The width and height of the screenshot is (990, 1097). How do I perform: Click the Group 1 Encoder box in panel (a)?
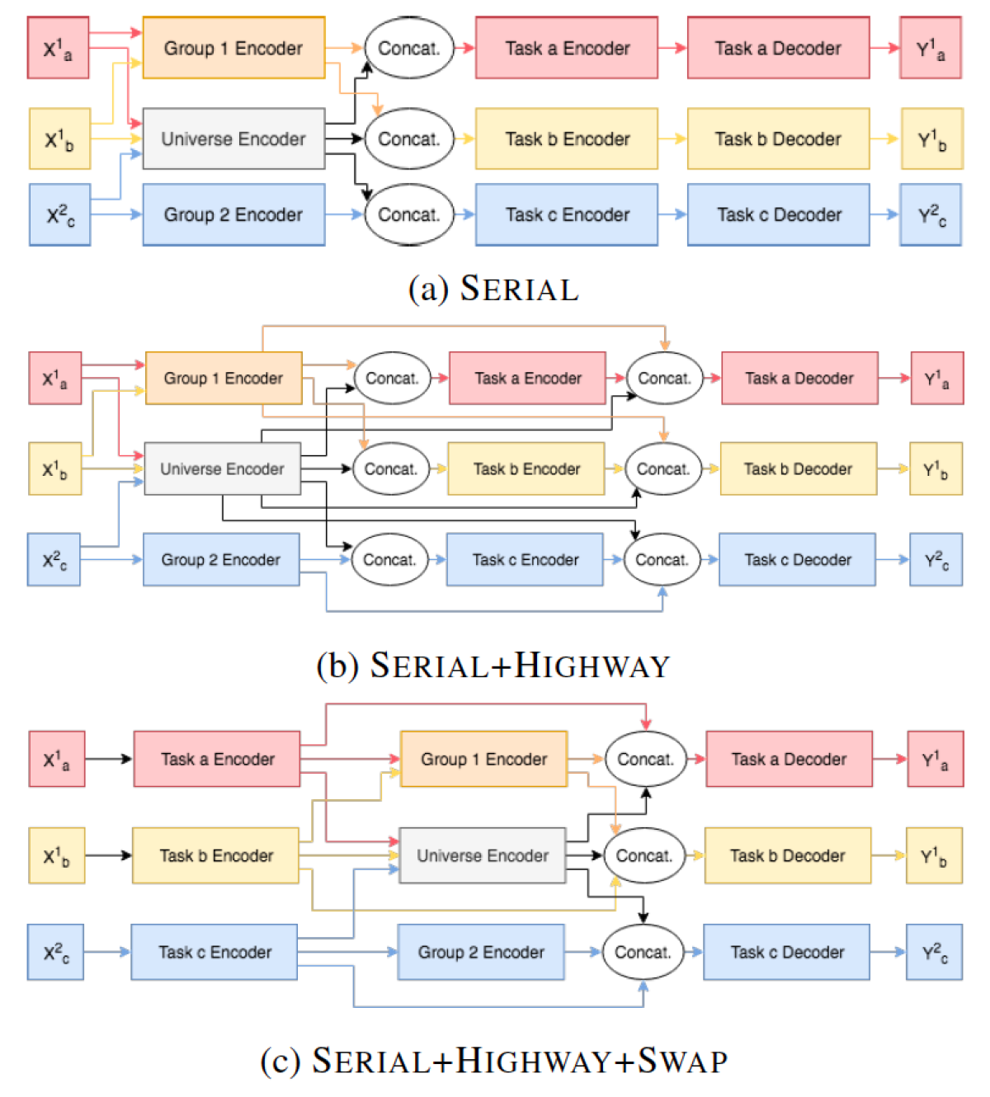tap(233, 48)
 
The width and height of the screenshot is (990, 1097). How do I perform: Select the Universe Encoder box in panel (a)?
tap(233, 139)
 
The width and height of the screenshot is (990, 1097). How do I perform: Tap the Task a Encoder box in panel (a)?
tap(567, 48)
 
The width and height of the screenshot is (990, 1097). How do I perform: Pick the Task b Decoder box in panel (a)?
tap(778, 139)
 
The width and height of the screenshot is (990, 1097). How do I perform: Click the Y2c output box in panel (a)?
tap(931, 215)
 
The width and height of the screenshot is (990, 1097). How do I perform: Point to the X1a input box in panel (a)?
tap(58, 48)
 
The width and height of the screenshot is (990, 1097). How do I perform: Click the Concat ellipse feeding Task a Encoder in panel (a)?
tap(409, 48)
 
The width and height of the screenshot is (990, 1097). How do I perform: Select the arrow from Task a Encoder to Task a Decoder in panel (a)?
tap(672, 48)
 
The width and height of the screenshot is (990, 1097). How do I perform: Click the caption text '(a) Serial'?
tap(493, 289)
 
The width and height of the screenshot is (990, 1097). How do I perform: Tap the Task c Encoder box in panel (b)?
tap(525, 559)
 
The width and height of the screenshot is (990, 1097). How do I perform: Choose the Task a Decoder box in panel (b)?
tap(799, 378)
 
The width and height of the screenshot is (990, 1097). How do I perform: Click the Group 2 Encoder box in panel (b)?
tap(221, 559)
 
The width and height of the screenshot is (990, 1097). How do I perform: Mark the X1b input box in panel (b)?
tap(54, 468)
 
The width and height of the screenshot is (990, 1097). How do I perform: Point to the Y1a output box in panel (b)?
tap(936, 378)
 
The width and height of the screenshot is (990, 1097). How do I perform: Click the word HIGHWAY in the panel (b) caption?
tap(592, 666)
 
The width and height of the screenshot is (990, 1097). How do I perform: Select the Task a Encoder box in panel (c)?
tap(217, 759)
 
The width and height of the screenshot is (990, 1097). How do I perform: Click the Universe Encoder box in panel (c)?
tap(482, 855)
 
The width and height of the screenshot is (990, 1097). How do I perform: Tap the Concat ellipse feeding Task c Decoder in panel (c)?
tap(643, 952)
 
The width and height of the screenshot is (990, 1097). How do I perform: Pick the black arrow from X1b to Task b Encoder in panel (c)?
tap(108, 855)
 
